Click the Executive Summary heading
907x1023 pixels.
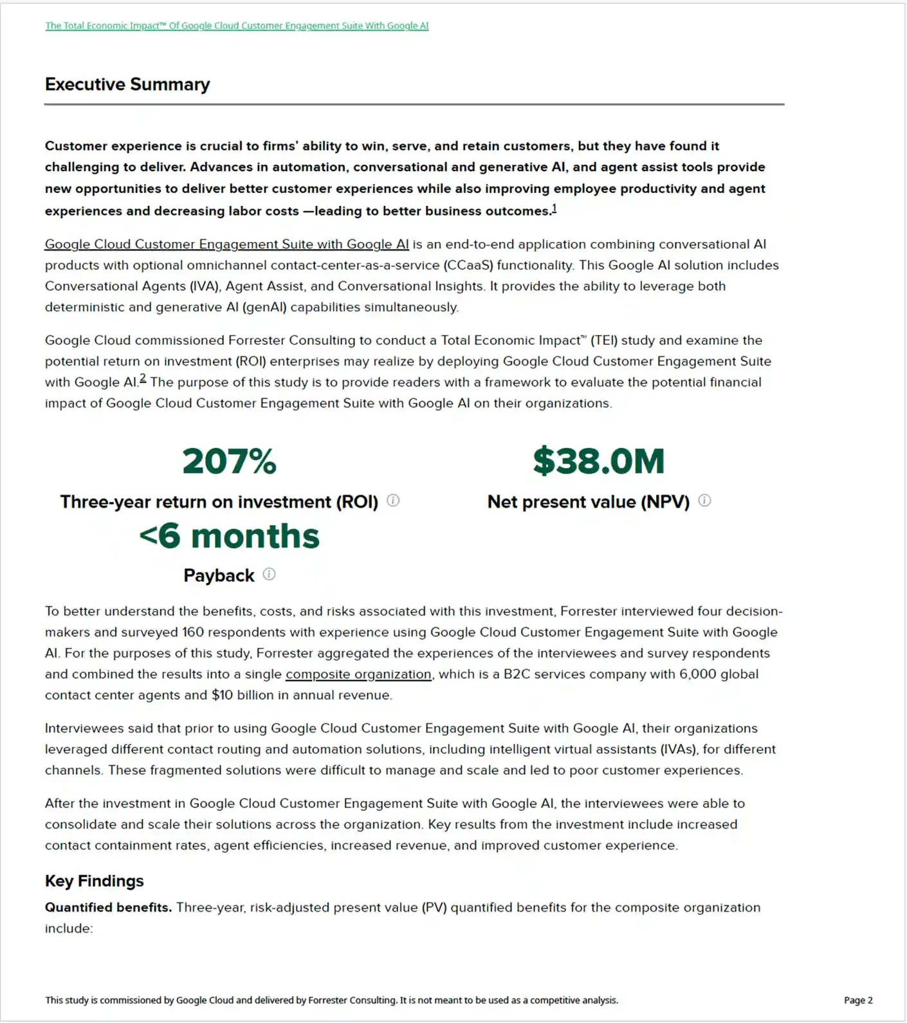pos(127,84)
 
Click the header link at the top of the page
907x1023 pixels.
pos(237,26)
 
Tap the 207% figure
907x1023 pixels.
pos(229,461)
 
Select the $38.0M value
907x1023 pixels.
pos(598,461)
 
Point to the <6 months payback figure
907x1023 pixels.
pos(229,536)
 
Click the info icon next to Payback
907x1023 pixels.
pos(270,574)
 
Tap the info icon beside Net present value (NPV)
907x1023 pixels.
pos(705,501)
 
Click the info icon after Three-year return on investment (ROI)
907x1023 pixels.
pos(393,501)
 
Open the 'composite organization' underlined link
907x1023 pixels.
pos(358,674)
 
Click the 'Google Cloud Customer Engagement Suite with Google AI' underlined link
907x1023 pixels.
pos(226,244)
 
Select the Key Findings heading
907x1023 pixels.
pos(94,881)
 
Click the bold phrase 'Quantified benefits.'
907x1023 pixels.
pos(108,908)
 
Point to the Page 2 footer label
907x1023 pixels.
pos(858,1000)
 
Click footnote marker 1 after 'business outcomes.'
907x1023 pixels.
pos(554,208)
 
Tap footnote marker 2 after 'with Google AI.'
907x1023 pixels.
pos(143,379)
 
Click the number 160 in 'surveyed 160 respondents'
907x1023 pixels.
pos(192,632)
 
